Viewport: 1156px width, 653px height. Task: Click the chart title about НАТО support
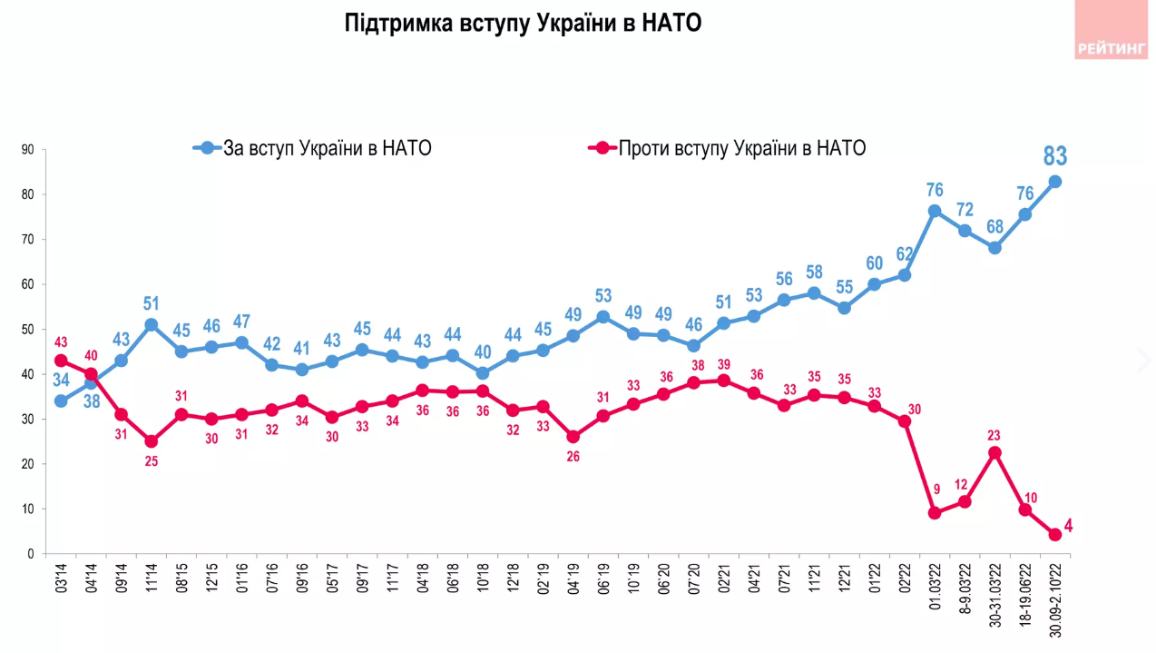coord(524,23)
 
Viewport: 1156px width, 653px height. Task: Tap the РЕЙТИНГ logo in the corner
coord(1111,49)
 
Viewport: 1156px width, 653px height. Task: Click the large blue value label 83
coord(1055,156)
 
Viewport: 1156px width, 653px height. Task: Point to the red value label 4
coord(1068,526)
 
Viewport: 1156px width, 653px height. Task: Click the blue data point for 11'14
coord(152,325)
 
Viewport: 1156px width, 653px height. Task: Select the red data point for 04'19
coord(573,437)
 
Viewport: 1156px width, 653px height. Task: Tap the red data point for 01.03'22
coord(935,513)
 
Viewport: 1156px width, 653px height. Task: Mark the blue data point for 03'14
coord(61,401)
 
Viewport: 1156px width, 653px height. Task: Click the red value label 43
coord(60,342)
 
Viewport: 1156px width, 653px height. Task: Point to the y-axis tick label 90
coord(28,150)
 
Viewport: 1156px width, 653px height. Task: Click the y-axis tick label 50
coord(28,330)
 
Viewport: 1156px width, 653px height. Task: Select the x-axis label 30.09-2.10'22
coord(1055,599)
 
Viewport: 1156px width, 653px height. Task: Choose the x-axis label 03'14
coord(61,580)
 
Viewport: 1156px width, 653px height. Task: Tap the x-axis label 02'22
coord(905,580)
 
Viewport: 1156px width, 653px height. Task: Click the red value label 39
coord(724,363)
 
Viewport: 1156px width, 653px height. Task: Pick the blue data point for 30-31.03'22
coord(995,247)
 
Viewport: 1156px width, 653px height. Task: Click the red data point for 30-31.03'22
coord(995,452)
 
